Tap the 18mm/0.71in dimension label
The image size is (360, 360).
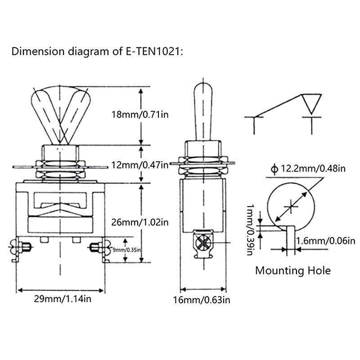tap(140, 114)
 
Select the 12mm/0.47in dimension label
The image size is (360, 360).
tap(140, 165)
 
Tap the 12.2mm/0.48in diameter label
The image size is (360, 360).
tap(312, 169)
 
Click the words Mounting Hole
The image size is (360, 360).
tap(292, 270)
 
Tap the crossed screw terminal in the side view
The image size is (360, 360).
tap(203, 243)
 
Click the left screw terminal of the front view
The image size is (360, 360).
tap(20, 247)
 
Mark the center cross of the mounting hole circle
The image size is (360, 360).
tap(292, 207)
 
